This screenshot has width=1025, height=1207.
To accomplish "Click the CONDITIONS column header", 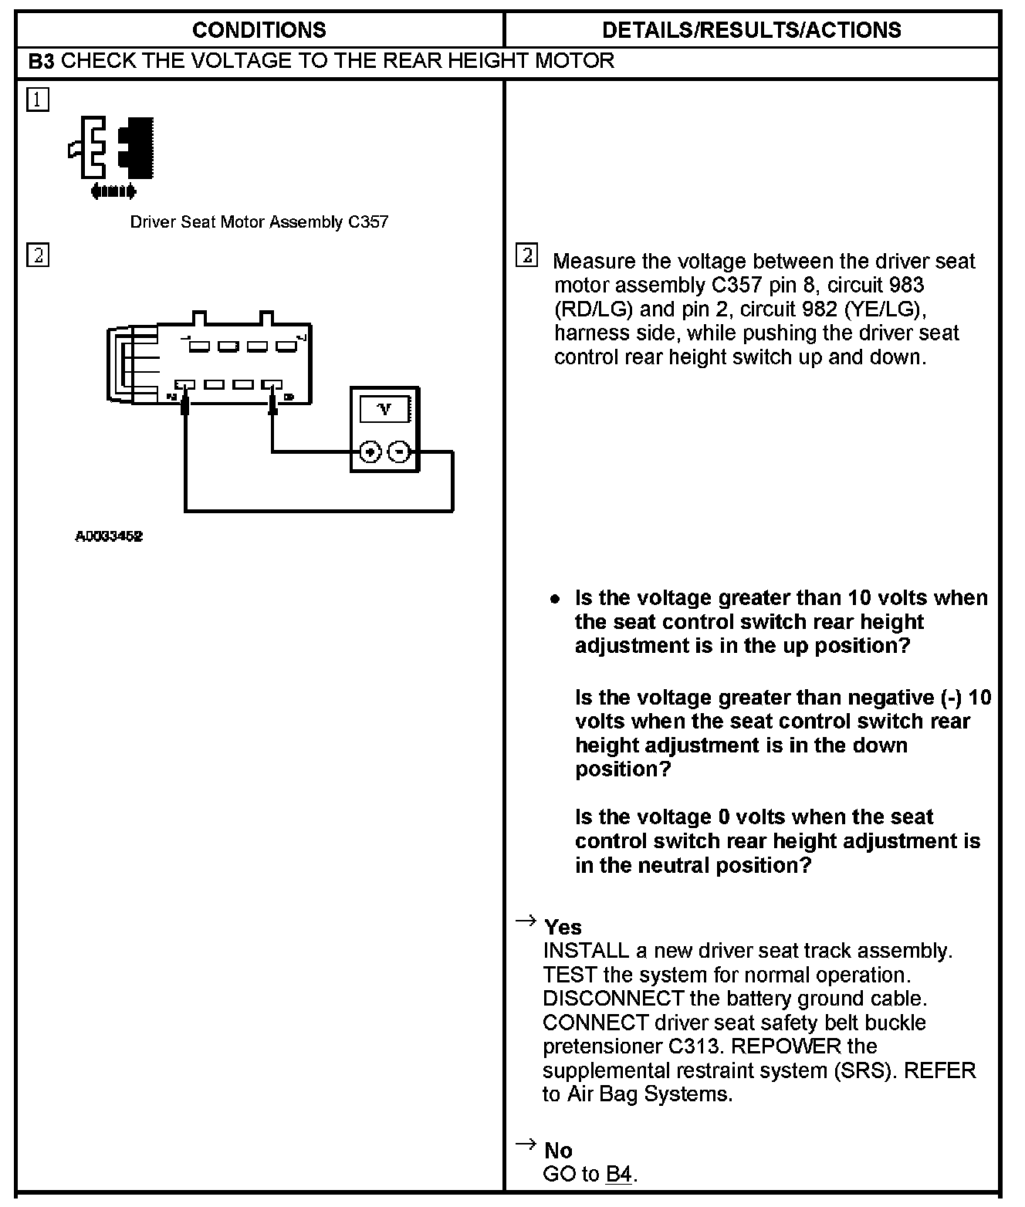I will (x=259, y=30).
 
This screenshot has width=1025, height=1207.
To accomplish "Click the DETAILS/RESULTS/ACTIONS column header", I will (x=751, y=30).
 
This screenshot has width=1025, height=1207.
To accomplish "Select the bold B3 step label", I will (x=41, y=62).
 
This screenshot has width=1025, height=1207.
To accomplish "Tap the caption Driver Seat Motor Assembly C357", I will (x=259, y=222).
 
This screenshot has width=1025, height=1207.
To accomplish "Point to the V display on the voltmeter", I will (x=384, y=410).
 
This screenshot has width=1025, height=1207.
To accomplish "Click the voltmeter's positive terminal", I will (x=371, y=451).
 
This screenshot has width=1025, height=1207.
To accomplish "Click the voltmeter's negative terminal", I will (x=398, y=451).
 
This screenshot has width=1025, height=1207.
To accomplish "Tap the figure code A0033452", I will (x=109, y=536).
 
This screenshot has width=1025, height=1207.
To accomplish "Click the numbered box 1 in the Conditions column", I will (x=37, y=100).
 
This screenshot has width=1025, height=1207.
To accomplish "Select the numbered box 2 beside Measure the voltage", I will (x=526, y=255).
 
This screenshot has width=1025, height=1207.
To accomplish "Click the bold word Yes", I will (x=563, y=927).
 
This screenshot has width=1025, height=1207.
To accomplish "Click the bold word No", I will (x=558, y=1151).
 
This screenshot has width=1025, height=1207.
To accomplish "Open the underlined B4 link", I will (x=619, y=1175).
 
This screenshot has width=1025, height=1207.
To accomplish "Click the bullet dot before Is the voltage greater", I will (x=554, y=599).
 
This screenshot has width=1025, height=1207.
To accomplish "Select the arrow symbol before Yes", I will (x=526, y=920).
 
